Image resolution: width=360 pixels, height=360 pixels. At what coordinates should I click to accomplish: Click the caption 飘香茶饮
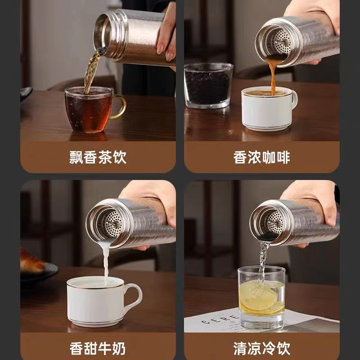(x=98, y=157)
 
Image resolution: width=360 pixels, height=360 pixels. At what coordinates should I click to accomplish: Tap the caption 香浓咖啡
(x=262, y=157)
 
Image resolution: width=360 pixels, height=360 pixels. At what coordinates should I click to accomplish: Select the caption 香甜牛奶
(x=98, y=348)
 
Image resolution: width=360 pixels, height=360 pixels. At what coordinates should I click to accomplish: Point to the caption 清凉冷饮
(x=262, y=348)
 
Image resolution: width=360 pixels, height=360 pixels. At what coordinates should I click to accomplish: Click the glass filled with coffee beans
(x=208, y=85)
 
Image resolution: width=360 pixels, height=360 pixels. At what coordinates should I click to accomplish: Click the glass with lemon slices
(x=261, y=297)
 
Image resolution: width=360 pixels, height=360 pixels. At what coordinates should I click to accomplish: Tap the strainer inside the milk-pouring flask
(x=113, y=224)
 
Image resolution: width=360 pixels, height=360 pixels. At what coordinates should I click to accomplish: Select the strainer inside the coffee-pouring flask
(x=283, y=42)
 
